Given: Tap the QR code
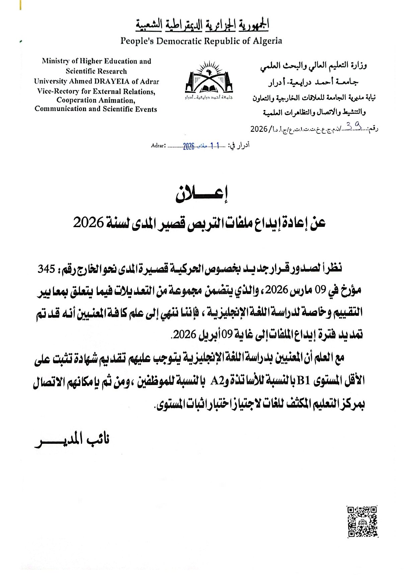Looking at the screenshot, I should tap(362, 521).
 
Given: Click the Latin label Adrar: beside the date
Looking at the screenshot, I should tap(159, 145).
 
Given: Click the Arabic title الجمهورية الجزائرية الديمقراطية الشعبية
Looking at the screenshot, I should tap(202, 25).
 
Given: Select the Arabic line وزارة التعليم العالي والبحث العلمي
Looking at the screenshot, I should tap(314, 66).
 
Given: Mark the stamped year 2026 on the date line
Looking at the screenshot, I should tap(188, 146).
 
